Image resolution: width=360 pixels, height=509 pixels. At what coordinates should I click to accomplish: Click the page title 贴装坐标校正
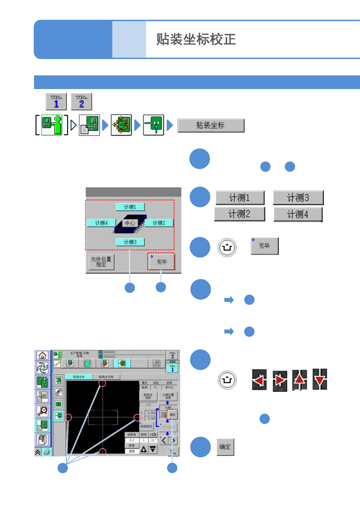196,40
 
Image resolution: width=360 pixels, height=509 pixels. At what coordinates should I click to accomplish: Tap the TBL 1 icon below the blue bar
56,101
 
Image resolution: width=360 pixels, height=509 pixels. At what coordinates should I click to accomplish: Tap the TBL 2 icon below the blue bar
81,101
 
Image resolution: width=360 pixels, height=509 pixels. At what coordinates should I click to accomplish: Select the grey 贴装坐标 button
211,126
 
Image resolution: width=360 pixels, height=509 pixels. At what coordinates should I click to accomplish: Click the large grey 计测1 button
240,198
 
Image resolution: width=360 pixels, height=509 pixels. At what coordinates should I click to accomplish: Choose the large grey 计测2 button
239,214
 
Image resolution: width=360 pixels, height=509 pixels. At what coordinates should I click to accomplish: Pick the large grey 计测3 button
298,198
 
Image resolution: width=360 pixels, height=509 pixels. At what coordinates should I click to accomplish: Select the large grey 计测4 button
298,215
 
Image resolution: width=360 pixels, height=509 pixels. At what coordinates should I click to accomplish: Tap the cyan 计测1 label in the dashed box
130,207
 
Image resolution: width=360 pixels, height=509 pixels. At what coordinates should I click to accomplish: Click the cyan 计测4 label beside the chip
101,223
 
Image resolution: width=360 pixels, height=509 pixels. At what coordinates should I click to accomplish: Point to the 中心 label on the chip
130,223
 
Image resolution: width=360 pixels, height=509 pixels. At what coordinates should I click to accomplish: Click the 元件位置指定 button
101,262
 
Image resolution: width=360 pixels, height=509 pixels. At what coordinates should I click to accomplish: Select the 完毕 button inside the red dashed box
161,262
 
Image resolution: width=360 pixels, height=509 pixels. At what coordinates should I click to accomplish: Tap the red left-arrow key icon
259,380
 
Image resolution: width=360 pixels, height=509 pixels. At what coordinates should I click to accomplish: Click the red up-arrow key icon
299,380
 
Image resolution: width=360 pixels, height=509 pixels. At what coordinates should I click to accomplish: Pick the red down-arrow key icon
320,380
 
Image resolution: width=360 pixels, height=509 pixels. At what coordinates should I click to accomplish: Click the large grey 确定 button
225,447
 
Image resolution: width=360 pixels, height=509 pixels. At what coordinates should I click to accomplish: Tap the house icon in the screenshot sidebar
43,355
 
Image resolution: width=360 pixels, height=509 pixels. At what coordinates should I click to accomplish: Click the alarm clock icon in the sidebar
43,411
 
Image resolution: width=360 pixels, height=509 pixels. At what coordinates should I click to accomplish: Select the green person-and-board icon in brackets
52,125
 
